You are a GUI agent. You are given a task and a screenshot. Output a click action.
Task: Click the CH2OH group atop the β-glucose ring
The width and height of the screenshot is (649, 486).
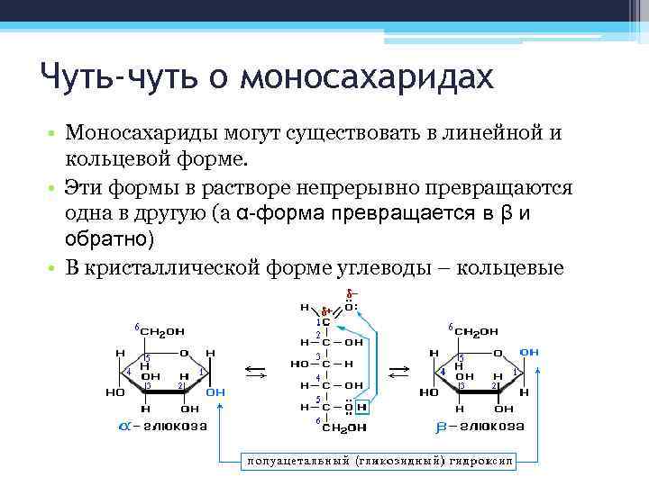475,332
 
